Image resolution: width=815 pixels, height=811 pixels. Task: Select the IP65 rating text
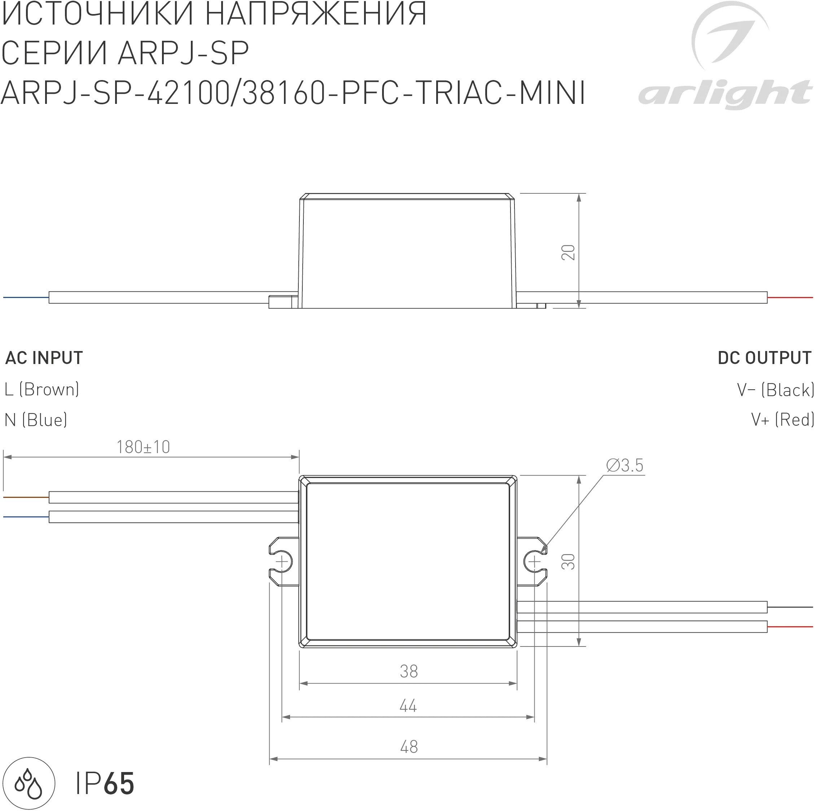[x=105, y=784]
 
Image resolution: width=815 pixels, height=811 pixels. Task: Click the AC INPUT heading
[x=44, y=358]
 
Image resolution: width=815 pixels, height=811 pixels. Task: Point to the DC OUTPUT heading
[x=764, y=358]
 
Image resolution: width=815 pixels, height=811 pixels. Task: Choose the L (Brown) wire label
[x=42, y=389]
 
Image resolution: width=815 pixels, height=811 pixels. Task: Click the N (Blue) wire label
[x=36, y=420]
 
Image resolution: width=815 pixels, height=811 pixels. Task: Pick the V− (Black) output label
[x=775, y=390]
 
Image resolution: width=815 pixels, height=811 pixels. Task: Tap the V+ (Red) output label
[x=783, y=420]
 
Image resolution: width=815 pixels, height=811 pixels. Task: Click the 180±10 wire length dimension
[x=143, y=447]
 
